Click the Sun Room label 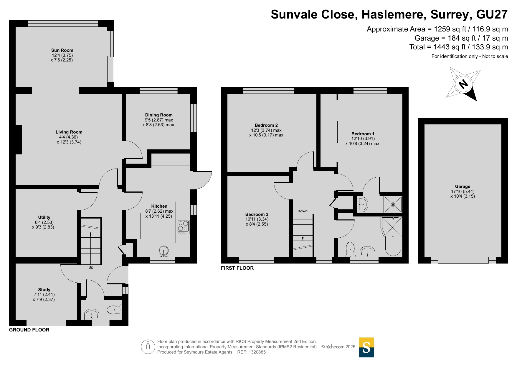tap(62, 50)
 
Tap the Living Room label tap(69, 132)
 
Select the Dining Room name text tap(159, 115)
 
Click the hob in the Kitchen tap(183, 227)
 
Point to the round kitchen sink tap(164, 252)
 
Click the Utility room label tap(44, 217)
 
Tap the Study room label tap(44, 290)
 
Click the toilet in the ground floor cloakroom tap(114, 310)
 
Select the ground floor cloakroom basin tap(92, 314)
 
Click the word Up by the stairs tap(91, 267)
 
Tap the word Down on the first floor tap(303, 211)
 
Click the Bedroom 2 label tap(266, 125)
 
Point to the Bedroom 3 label tap(257, 214)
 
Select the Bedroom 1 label tap(363, 134)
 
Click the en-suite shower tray tap(393, 204)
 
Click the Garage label tap(463, 186)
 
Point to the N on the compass tap(463, 84)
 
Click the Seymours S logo tap(366, 347)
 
